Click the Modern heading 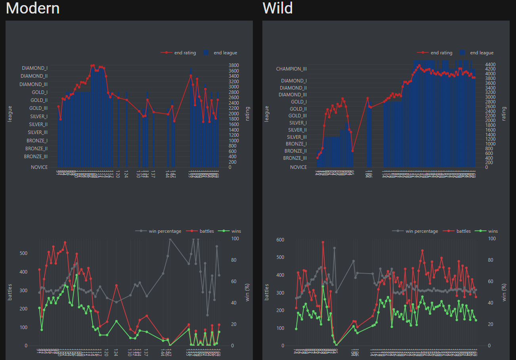click(33, 8)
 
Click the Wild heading click(277, 8)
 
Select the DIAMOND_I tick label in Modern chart click(35, 68)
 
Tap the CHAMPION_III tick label click(292, 69)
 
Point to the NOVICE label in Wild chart click(298, 167)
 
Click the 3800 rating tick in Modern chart click(234, 65)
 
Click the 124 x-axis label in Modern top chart click(126, 174)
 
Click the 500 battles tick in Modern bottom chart click(23, 253)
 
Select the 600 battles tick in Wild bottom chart click(280, 240)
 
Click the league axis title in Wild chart click(267, 113)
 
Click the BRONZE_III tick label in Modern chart click(36, 157)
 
